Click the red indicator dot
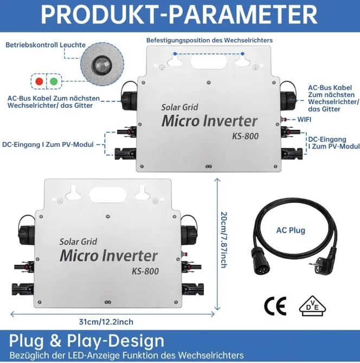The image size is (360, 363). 39,81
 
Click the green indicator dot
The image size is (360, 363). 54,81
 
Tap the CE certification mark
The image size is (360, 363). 275,306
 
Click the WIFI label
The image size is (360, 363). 304,119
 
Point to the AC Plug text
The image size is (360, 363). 291,230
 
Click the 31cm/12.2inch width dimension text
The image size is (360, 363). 106,322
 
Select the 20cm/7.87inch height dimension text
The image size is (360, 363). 223,240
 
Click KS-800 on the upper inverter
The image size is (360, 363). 245,136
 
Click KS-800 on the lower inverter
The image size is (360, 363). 145,271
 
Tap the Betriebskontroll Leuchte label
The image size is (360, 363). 46,44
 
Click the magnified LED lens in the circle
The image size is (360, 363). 102,64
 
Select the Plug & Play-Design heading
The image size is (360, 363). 87,341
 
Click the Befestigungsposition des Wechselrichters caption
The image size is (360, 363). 209,40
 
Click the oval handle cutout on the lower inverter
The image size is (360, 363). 108,195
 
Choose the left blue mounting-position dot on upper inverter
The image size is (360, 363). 175,54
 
